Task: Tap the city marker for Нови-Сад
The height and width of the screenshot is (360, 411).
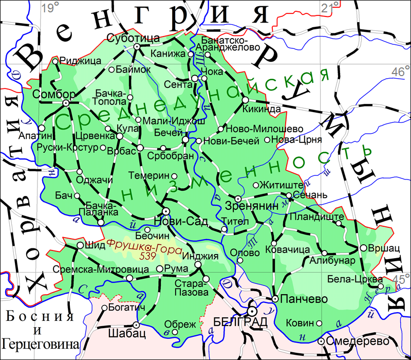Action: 166,211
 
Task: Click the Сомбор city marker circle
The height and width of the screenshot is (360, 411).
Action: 66,103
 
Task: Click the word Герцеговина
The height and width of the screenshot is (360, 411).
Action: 41,343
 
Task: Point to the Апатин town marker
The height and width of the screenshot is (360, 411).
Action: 42,128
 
